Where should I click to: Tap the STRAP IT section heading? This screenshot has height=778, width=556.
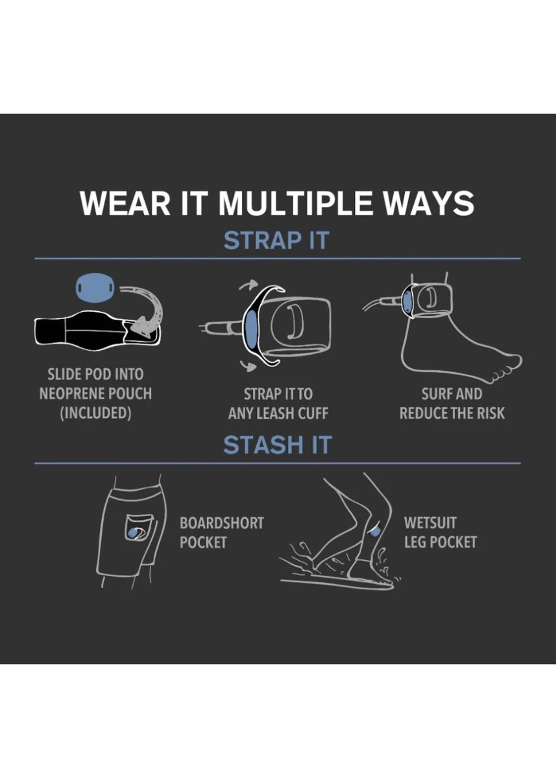tap(276, 240)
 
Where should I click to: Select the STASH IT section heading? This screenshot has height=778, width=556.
tap(277, 445)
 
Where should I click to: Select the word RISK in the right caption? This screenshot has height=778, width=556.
tap(489, 414)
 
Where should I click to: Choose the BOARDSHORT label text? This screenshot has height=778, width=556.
tap(222, 532)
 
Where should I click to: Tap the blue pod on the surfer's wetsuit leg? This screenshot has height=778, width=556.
tap(375, 541)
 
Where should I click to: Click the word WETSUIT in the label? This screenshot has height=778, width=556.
tap(430, 532)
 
